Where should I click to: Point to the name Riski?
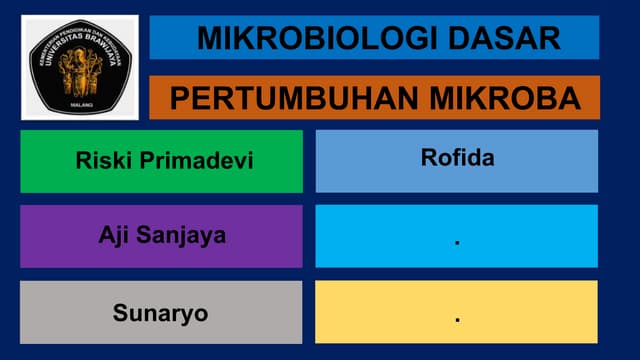pyautogui.click(x=100, y=159)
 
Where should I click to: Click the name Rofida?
pyautogui.click(x=457, y=157)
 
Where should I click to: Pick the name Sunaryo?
pyautogui.click(x=160, y=312)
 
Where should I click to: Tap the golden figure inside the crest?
pyautogui.click(x=78, y=64)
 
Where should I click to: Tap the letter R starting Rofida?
pyautogui.click(x=428, y=157)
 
